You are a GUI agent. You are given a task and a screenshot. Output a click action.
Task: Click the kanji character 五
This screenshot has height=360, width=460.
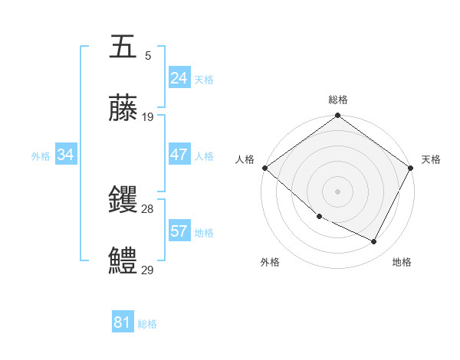click(123, 48)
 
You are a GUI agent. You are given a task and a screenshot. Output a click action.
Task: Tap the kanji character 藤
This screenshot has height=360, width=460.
click(123, 109)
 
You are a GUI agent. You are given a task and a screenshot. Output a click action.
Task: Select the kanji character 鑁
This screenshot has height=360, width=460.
click(123, 201)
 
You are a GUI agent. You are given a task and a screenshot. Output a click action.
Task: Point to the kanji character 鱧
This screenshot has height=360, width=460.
click(123, 262)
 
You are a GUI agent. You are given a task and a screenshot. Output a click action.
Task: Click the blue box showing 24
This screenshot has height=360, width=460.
click(179, 78)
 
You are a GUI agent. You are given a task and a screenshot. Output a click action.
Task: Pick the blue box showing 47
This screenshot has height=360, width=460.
click(179, 155)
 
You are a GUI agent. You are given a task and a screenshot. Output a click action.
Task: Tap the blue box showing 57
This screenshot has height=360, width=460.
click(179, 231)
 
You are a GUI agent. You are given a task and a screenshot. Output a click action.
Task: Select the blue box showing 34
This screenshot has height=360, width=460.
click(66, 155)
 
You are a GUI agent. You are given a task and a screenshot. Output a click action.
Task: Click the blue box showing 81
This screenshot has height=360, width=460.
click(122, 322)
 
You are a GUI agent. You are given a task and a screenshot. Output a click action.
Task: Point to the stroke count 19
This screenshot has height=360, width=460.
click(148, 117)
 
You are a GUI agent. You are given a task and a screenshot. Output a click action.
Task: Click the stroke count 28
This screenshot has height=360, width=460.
click(148, 209)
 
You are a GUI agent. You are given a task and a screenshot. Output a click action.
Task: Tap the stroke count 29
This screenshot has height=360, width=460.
click(148, 270)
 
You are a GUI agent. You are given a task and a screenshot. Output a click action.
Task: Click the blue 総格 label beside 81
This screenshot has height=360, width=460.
click(147, 324)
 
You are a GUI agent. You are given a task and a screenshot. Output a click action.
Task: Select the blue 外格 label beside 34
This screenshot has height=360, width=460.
click(41, 155)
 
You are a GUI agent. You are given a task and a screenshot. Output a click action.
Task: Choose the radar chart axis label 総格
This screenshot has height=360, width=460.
click(337, 100)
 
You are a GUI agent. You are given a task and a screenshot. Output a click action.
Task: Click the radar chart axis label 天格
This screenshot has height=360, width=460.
click(432, 159)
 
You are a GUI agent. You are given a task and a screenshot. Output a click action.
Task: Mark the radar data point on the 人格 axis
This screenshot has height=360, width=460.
click(264, 168)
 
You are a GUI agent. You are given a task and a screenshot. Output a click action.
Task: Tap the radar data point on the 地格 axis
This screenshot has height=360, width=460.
click(374, 242)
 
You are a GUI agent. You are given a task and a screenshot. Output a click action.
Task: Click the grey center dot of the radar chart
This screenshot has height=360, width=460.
click(337, 191)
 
